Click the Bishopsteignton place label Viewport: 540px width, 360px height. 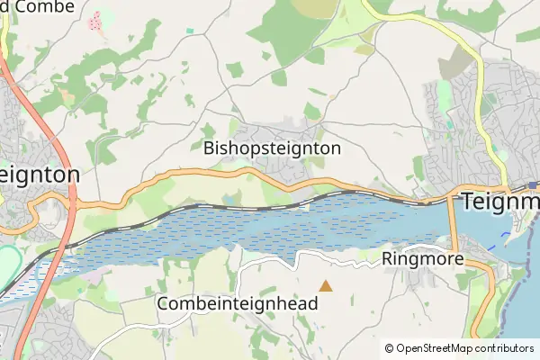pos(272,148)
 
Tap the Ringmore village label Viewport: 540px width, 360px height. pos(422,259)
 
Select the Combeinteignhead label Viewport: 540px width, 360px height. pos(238,304)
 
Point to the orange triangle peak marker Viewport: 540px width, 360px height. pos(326,286)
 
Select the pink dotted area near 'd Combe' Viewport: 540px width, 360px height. pos(95,20)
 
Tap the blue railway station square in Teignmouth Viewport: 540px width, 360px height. pos(533,185)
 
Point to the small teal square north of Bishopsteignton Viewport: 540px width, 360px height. pos(190,31)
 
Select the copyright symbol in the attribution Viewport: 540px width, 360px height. pos(390,348)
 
